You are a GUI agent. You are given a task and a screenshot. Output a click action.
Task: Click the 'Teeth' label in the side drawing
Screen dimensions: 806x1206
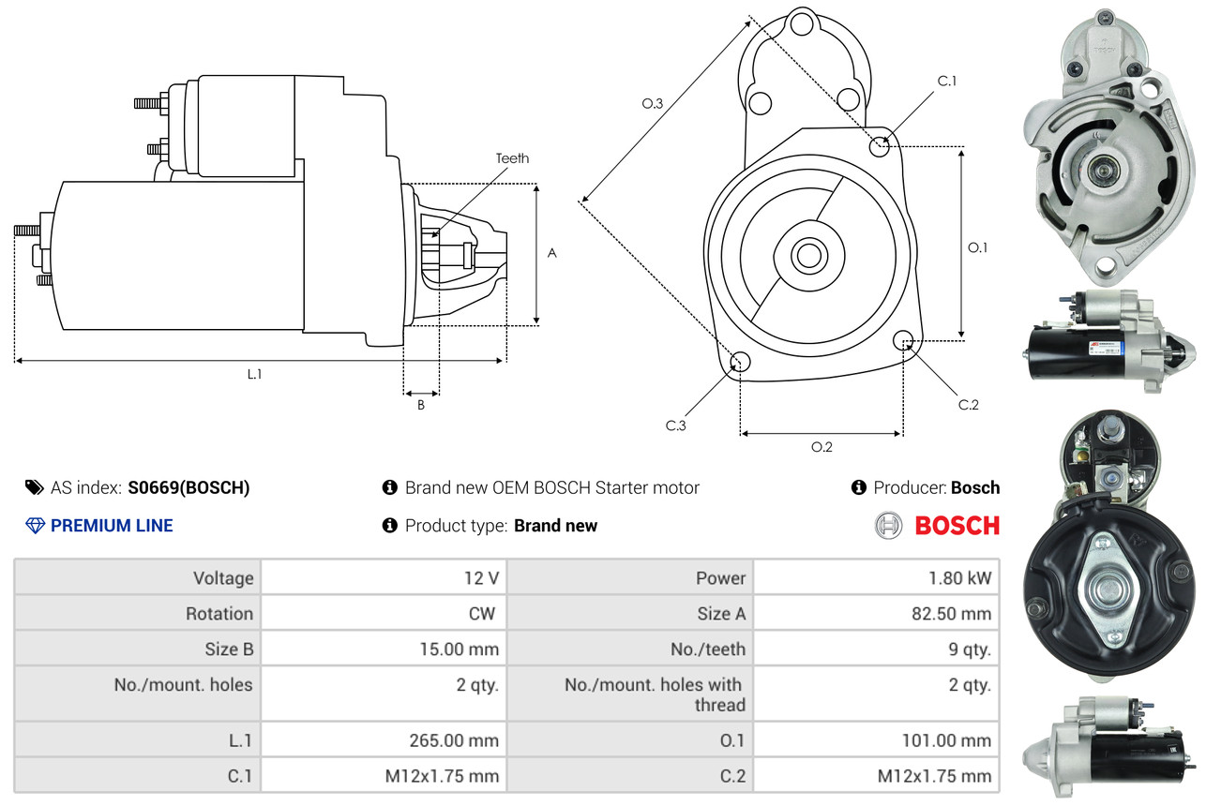coord(512,158)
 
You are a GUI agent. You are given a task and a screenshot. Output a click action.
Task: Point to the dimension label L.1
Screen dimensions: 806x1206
coord(254,374)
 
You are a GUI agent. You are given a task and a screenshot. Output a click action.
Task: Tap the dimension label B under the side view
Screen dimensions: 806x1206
coord(421,406)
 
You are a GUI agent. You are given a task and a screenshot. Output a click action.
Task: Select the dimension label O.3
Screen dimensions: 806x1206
coord(653,104)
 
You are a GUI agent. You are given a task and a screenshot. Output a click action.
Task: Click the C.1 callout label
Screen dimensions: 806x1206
coord(947,81)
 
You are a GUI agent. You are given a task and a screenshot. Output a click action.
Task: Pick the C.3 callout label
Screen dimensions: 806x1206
coord(676,425)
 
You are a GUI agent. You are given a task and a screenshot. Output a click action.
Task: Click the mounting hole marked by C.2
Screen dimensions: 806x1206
coord(904,339)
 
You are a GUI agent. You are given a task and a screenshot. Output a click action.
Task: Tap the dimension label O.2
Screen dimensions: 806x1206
coord(822,447)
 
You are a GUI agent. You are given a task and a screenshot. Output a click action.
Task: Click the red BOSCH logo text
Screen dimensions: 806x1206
coord(957,526)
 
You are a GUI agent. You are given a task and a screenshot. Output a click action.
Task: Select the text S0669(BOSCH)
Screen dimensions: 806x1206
coord(189,487)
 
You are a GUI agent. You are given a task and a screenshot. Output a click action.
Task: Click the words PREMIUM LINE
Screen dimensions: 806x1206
coord(112,526)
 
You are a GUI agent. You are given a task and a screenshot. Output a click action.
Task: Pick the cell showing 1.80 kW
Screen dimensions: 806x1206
coord(959,578)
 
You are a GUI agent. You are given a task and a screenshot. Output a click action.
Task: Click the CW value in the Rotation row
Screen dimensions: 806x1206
coord(488,614)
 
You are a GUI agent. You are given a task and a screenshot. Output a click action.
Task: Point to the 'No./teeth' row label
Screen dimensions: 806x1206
coord(709,649)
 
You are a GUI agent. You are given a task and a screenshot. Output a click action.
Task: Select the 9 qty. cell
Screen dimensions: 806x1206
coord(970,649)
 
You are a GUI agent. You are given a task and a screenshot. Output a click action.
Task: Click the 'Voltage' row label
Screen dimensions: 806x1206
coord(223,578)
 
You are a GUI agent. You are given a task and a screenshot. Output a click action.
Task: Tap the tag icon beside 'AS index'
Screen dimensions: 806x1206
coord(34,487)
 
